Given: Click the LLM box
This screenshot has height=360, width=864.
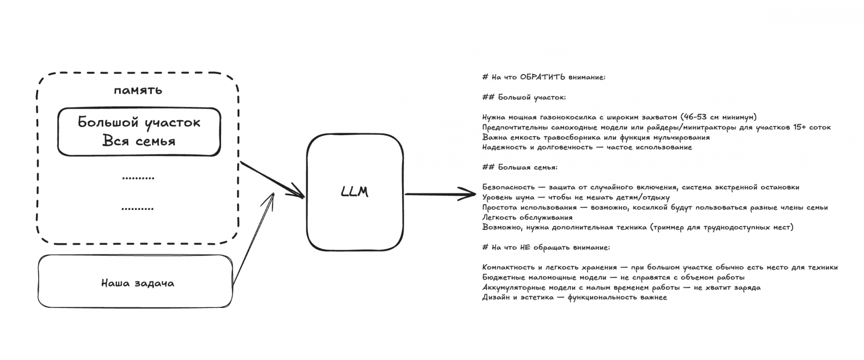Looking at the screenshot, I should (x=355, y=192).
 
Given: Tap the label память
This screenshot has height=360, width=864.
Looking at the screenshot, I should (x=138, y=90).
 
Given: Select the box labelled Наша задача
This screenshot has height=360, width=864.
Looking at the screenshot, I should (x=135, y=281).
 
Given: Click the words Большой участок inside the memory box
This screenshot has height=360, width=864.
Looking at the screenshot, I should (x=139, y=122).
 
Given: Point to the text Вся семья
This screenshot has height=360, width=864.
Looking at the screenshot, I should (x=138, y=141).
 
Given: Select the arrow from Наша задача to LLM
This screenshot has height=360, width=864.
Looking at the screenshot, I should (x=253, y=238).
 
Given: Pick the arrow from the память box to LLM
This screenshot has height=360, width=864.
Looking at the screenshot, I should (x=271, y=179).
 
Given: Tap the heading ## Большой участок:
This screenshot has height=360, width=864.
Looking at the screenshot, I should (x=524, y=97).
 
